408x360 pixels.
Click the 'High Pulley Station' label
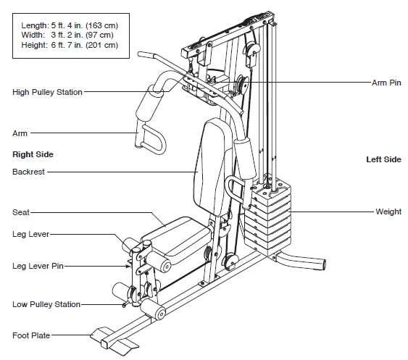tap(47, 92)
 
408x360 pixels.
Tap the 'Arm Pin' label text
tap(386, 83)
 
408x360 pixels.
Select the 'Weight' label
tap(388, 212)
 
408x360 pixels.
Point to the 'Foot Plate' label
tap(31, 335)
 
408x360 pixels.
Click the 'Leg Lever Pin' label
tap(38, 266)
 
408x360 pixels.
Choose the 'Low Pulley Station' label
tap(46, 304)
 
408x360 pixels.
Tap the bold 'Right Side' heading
tap(33, 154)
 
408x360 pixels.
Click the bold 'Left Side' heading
tap(384, 159)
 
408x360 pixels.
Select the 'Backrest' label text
tap(28, 172)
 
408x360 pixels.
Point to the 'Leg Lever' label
tap(30, 234)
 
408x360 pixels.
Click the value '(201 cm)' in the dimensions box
tap(101, 45)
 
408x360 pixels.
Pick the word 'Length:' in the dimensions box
tap(35, 25)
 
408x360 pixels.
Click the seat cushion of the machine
tap(177, 238)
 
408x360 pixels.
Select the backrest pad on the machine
tap(209, 167)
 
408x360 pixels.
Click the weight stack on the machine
tap(268, 216)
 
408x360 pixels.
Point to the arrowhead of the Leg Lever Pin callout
tap(128, 266)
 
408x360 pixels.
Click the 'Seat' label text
tap(21, 212)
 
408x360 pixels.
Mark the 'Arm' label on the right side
tap(20, 133)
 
